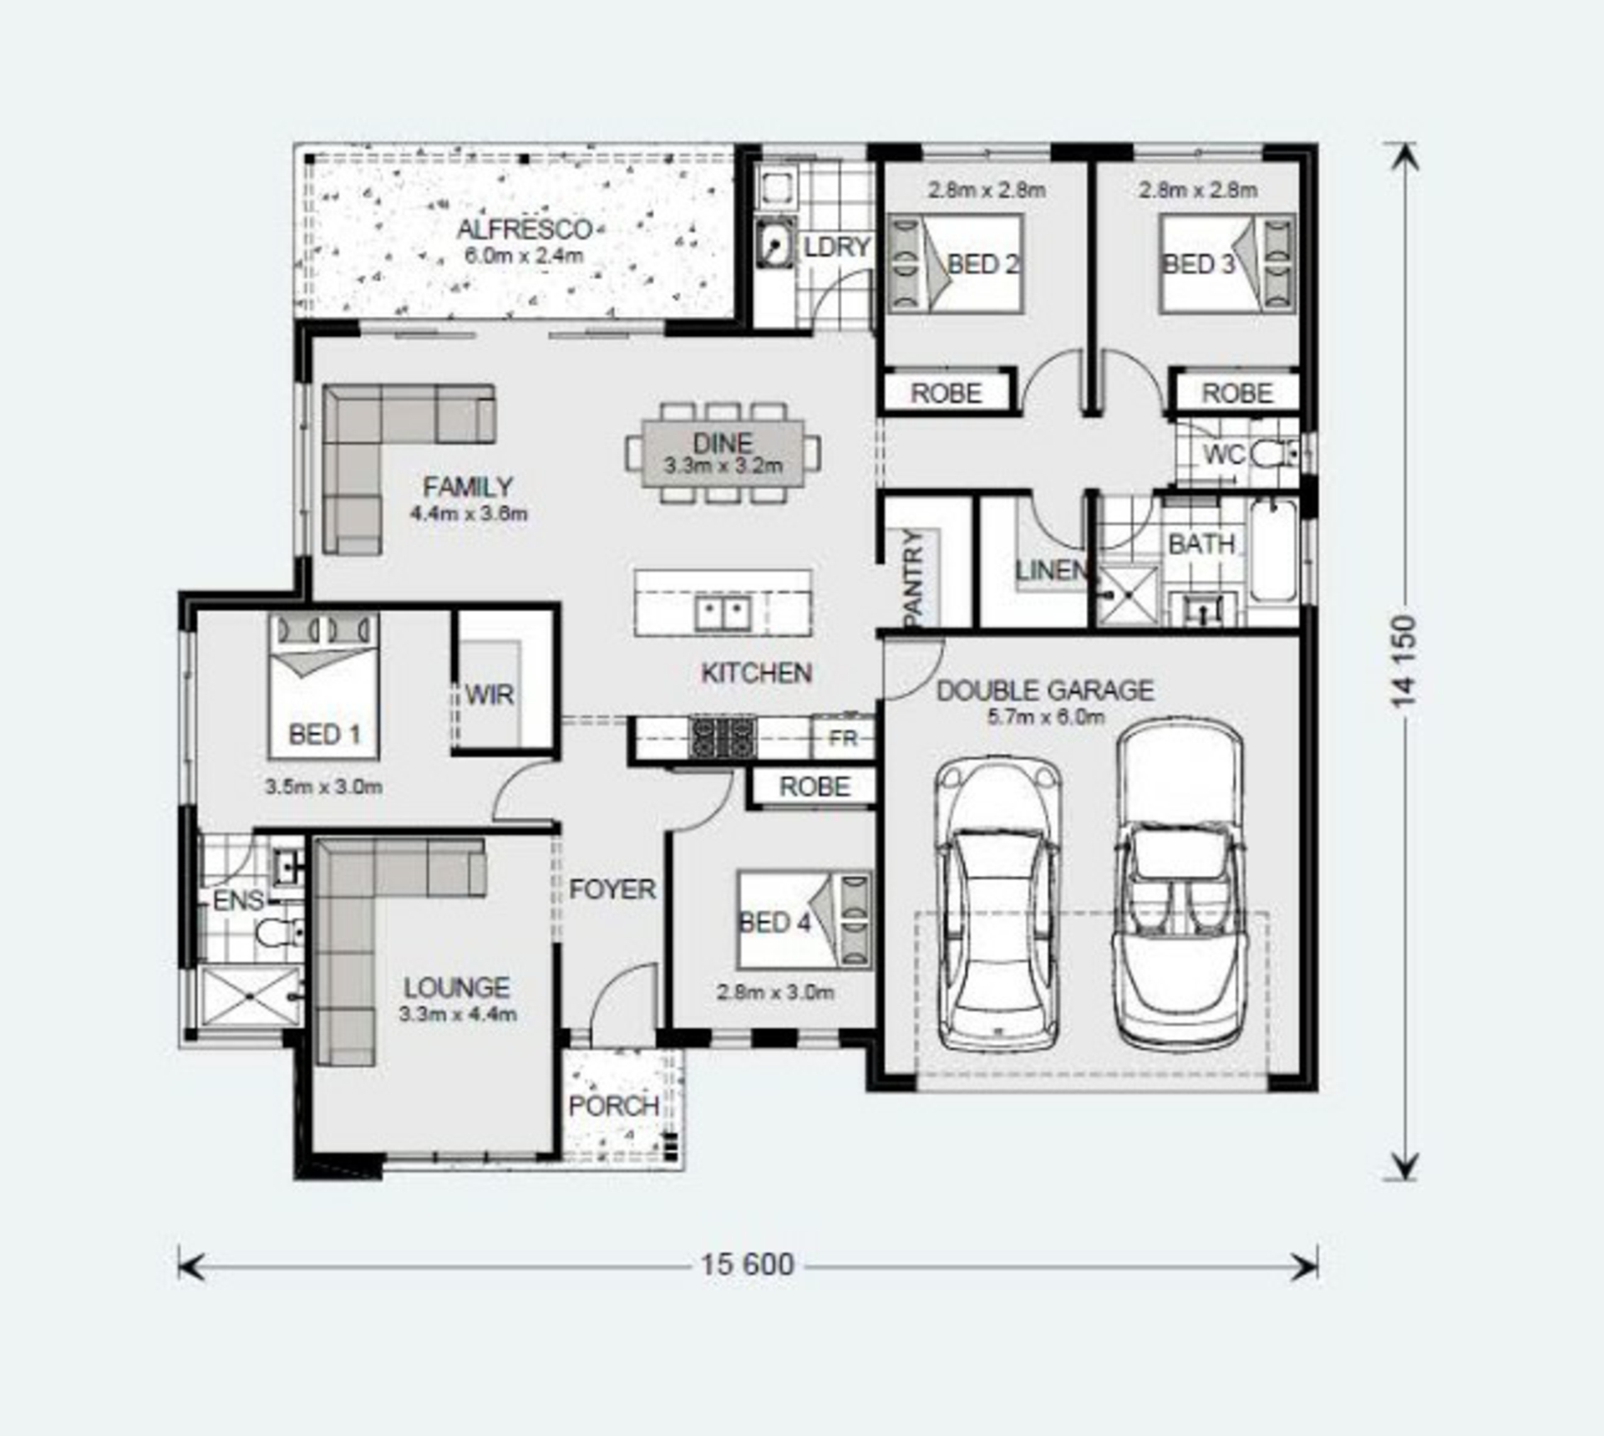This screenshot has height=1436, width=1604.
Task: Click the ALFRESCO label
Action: pos(525,229)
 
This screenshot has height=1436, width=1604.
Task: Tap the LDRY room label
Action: pos(837,247)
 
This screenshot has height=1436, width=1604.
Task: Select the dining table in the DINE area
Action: pos(723,452)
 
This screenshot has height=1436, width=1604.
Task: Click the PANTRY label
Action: pos(913,578)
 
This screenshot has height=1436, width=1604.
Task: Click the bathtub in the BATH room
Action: pos(1273,550)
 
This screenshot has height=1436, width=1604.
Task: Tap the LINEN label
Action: pos(1051,571)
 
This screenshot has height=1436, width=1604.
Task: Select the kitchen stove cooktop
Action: pos(723,737)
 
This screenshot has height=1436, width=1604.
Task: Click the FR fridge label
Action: pos(842,738)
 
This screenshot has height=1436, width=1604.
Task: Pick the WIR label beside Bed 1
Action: pos(489,695)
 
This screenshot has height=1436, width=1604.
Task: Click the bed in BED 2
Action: pos(955,263)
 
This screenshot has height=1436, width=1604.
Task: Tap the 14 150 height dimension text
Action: pos(1404,661)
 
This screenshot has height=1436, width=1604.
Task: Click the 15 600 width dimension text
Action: pos(747,1264)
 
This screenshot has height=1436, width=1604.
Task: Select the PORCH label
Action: pos(613,1106)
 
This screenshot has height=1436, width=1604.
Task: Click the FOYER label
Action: pos(612,889)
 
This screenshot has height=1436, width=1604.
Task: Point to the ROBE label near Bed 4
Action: pos(815,787)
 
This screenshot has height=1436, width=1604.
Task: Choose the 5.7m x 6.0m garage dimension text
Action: pos(1046,716)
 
